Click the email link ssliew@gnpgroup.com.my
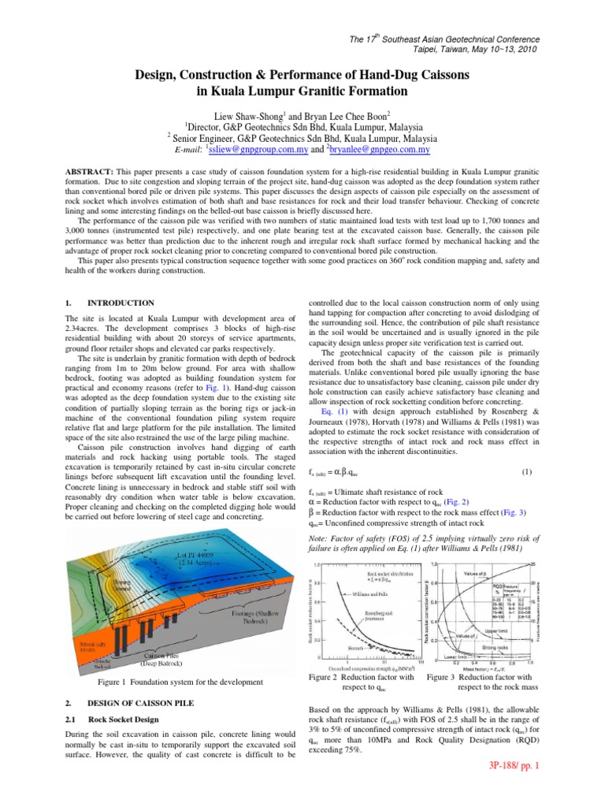click(250, 148)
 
